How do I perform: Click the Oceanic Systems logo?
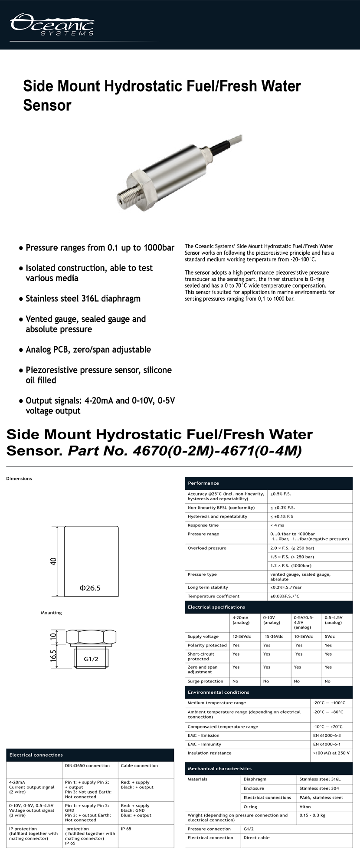(52, 25)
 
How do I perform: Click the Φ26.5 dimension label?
(90, 588)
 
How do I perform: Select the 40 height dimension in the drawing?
(53, 561)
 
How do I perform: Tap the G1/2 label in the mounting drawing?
(91, 659)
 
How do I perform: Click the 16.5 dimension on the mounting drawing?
(53, 656)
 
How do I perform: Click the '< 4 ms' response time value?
(277, 525)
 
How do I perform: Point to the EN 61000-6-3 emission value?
(327, 735)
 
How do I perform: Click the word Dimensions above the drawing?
(19, 479)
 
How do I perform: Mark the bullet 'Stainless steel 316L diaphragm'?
(83, 299)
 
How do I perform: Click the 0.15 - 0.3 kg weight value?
(312, 815)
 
